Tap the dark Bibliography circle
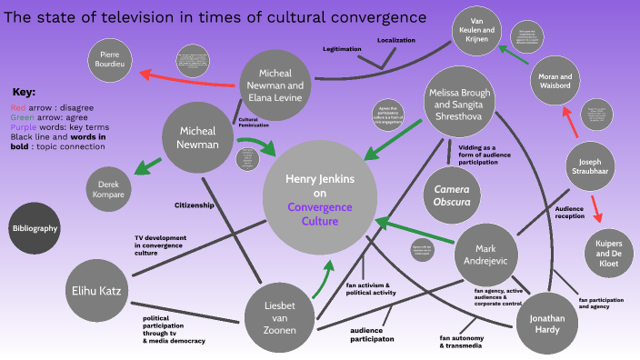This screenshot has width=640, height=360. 35,228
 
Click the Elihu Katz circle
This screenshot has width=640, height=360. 98,290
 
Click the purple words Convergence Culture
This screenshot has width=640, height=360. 319,214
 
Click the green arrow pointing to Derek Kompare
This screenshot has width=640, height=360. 146,167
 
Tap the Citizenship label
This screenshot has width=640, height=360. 195,205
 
